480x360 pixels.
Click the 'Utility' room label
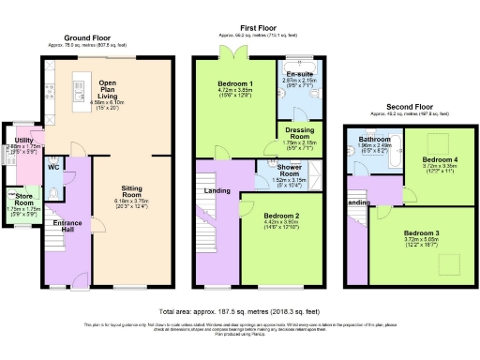point(23,139)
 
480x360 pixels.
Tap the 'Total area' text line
point(239,310)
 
